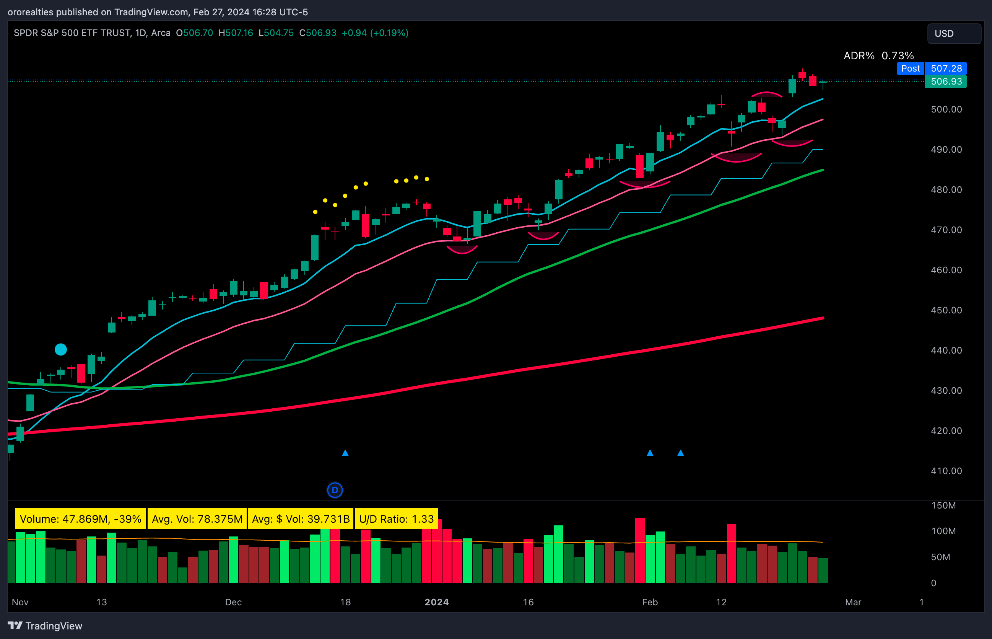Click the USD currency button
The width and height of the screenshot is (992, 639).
point(953,34)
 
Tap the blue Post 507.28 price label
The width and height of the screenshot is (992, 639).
point(932,68)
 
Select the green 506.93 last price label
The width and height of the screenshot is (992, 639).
point(946,82)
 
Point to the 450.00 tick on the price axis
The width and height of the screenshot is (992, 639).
point(946,310)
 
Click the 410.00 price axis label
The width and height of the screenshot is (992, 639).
point(946,471)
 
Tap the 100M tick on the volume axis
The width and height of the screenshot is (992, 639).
point(943,531)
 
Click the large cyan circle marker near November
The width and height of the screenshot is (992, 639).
point(61,349)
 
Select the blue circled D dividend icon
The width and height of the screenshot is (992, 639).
point(335,490)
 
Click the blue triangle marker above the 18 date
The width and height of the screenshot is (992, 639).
point(345,453)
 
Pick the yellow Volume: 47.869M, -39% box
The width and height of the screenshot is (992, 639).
point(80,519)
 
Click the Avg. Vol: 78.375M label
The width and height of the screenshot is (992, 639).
point(197,519)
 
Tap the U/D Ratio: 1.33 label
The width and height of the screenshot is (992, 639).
point(396,519)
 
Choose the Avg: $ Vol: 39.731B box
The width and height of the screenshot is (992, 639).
point(301,519)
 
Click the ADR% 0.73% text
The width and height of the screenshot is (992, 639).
point(878,55)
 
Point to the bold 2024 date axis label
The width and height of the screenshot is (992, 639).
point(436,602)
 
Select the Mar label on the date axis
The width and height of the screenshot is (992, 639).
point(853,602)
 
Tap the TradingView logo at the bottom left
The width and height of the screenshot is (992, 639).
point(45,625)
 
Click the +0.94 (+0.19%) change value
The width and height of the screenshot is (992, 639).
point(374,33)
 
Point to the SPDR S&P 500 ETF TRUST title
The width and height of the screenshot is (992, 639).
point(72,33)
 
